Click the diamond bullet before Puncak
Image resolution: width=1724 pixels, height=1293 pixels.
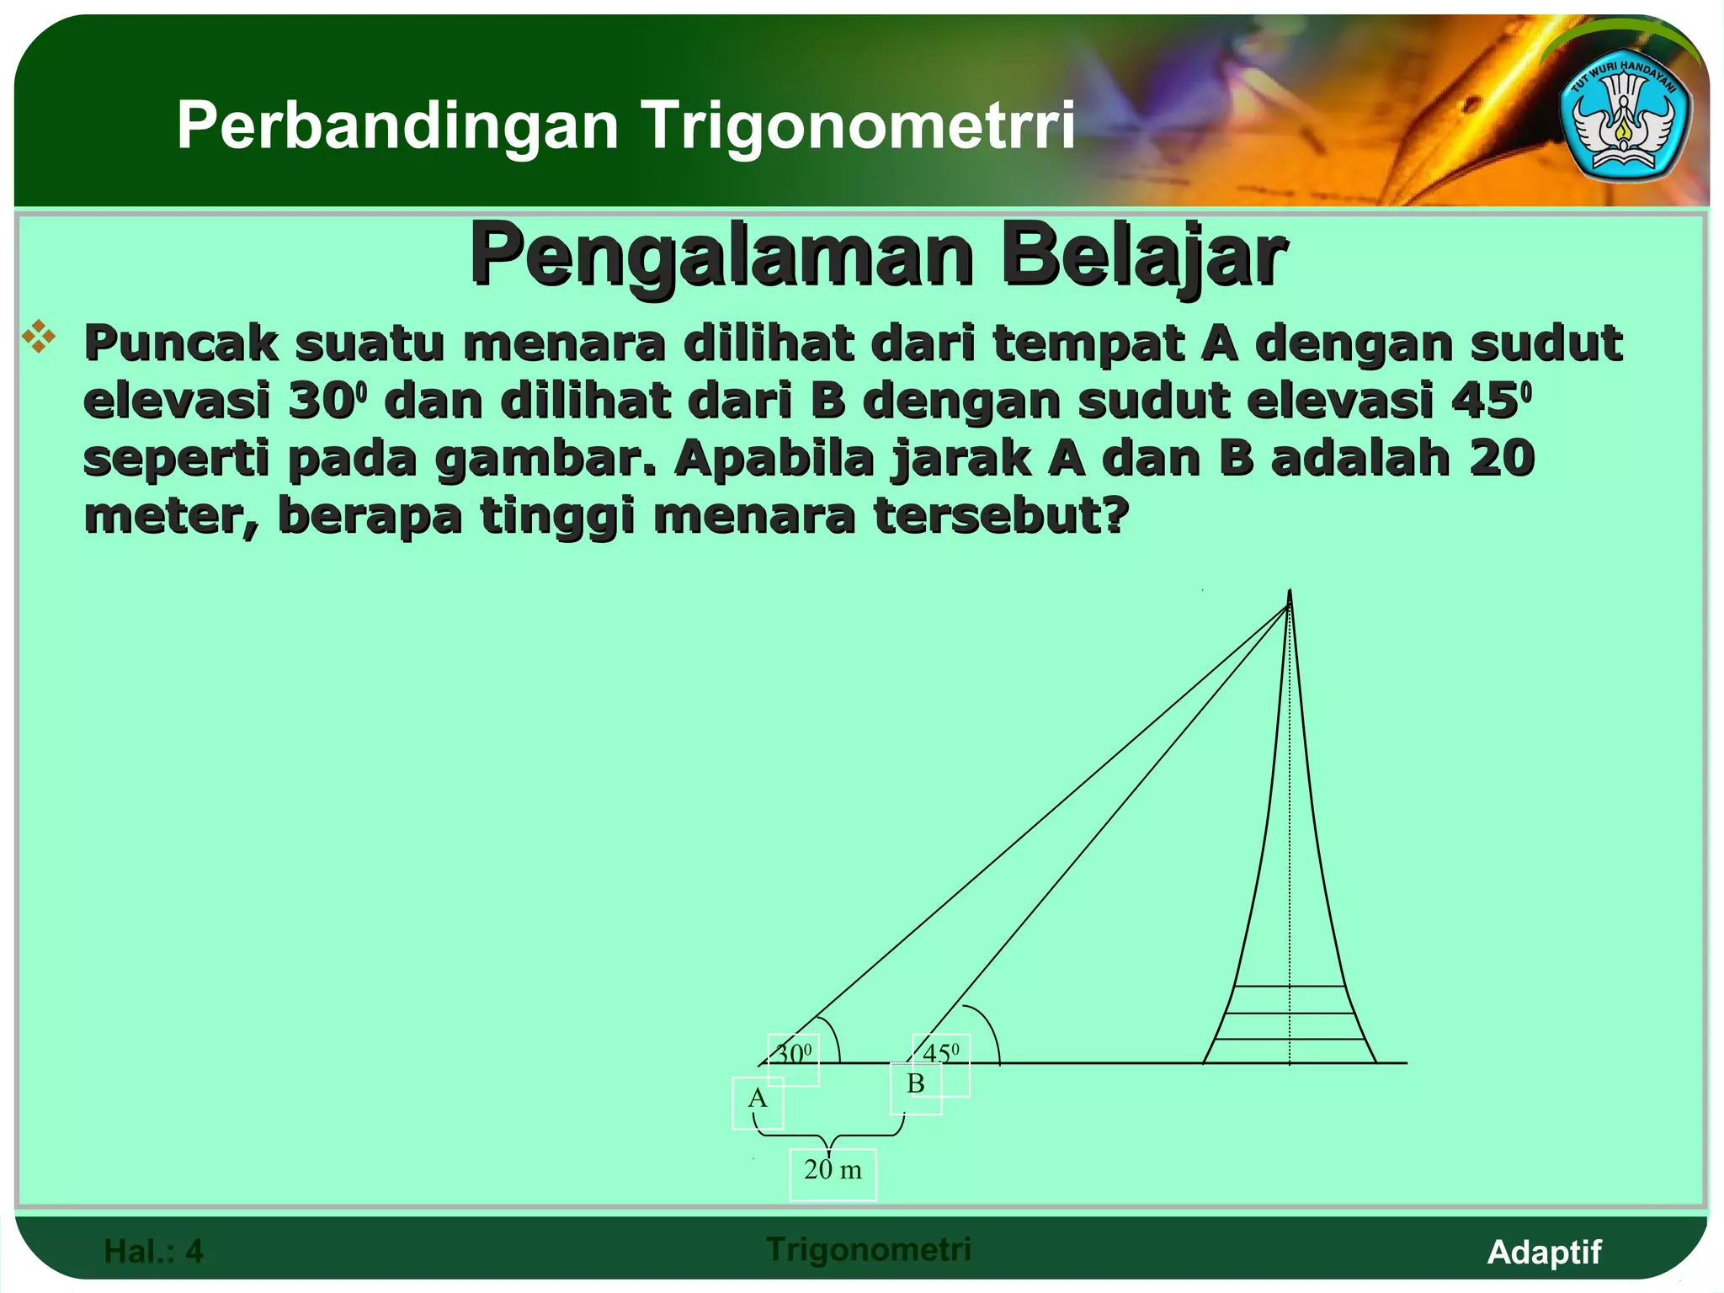(39, 337)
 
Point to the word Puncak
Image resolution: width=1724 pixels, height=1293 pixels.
(180, 343)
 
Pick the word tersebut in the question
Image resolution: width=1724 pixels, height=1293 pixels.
(1000, 515)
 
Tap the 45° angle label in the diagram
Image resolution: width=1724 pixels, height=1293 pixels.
(940, 1053)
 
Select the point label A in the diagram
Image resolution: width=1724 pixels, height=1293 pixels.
(758, 1099)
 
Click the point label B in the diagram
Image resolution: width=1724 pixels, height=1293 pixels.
(916, 1083)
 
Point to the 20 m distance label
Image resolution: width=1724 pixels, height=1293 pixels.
(833, 1170)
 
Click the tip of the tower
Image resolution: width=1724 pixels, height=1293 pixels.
(1290, 593)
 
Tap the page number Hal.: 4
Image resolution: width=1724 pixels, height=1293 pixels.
(153, 1251)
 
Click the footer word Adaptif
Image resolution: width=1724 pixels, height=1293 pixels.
(1544, 1252)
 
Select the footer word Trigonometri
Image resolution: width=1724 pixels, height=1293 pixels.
(869, 1249)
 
